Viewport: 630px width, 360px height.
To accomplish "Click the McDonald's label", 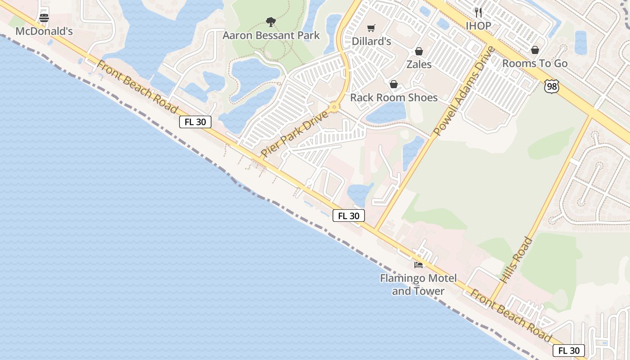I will click(44, 31).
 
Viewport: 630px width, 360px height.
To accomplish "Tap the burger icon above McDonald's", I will click(44, 18).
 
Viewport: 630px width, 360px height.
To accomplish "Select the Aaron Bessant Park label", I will click(271, 35).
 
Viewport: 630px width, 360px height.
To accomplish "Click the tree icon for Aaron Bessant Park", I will click(270, 22).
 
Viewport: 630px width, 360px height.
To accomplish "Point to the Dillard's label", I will click(371, 41).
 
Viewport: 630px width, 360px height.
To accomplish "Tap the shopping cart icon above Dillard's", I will click(371, 28).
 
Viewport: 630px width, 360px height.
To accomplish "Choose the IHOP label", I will click(478, 26).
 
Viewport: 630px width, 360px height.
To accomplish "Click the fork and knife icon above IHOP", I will click(478, 12).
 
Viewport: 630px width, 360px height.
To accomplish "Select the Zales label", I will click(419, 64).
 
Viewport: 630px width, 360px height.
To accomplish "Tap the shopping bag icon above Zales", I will click(419, 51).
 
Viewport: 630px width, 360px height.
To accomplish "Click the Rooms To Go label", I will click(535, 63).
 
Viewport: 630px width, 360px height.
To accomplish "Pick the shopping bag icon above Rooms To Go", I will click(535, 50).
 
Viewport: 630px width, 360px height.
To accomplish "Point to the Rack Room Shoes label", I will click(394, 97).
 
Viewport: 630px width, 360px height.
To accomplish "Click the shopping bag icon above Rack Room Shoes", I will click(394, 84).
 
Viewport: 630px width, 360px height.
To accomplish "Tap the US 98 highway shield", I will click(551, 86).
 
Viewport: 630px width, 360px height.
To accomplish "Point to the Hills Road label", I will click(516, 260).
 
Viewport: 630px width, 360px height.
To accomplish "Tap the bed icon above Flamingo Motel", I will click(418, 265).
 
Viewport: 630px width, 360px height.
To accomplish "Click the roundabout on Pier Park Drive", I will click(334, 108).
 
